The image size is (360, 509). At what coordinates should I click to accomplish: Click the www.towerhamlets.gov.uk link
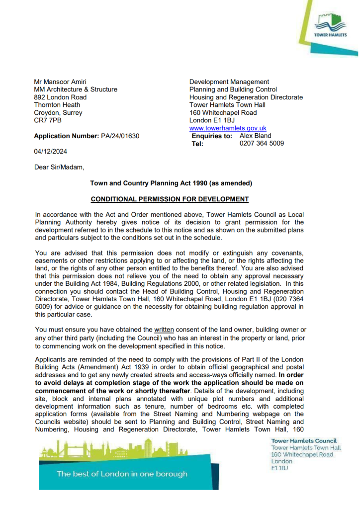228,128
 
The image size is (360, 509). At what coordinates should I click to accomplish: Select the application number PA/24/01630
120,136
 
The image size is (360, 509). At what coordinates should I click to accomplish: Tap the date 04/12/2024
50,152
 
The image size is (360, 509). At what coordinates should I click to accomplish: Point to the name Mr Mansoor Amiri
57,82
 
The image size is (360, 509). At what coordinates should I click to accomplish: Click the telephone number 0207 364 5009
262,143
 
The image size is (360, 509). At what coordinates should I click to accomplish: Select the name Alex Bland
256,135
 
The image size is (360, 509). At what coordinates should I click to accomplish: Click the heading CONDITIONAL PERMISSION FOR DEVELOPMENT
170,199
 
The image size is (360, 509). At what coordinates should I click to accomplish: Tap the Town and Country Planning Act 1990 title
171,183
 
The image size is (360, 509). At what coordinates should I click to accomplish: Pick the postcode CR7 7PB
48,120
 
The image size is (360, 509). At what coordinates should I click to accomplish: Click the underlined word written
164,330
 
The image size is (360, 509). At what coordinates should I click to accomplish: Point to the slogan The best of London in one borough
122,474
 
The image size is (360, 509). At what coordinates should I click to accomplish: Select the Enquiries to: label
212,135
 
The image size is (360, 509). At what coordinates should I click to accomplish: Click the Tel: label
198,144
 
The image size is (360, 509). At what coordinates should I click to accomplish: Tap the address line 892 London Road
60,97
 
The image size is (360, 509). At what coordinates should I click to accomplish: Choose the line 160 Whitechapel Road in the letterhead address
223,113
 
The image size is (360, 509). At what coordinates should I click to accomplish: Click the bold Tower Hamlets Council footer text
304,441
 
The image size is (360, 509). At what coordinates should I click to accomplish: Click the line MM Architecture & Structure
76,89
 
